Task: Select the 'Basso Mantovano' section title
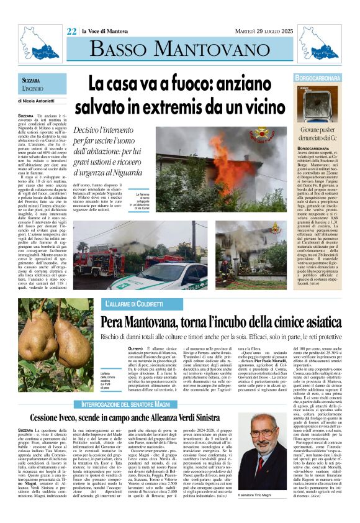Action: (x=180, y=50)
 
